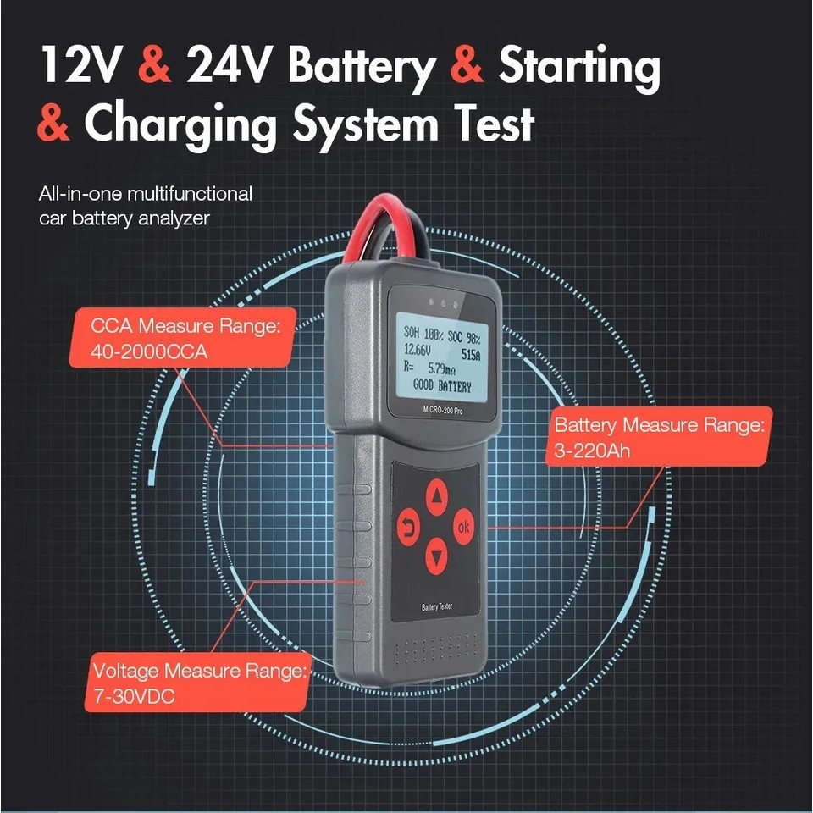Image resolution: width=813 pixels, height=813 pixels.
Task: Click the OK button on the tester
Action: (x=463, y=526)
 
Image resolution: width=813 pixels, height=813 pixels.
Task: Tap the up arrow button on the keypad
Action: (x=437, y=496)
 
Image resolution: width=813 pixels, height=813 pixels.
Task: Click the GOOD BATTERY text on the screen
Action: (x=442, y=386)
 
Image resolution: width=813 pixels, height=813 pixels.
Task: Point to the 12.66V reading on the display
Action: (x=417, y=350)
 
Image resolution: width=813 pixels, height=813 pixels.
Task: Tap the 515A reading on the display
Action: (x=470, y=355)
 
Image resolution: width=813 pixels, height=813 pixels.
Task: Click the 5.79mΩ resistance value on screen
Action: (x=441, y=368)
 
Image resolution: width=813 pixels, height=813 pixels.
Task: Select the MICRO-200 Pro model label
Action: (x=442, y=410)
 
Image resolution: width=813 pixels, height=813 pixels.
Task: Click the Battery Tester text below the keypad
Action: (x=437, y=606)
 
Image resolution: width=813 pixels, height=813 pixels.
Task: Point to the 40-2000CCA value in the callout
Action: (x=149, y=352)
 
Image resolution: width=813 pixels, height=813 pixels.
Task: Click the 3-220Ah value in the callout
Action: (x=592, y=451)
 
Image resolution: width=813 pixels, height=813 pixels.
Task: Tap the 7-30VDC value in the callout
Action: (x=134, y=696)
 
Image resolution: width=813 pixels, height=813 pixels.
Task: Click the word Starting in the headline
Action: (x=579, y=69)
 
